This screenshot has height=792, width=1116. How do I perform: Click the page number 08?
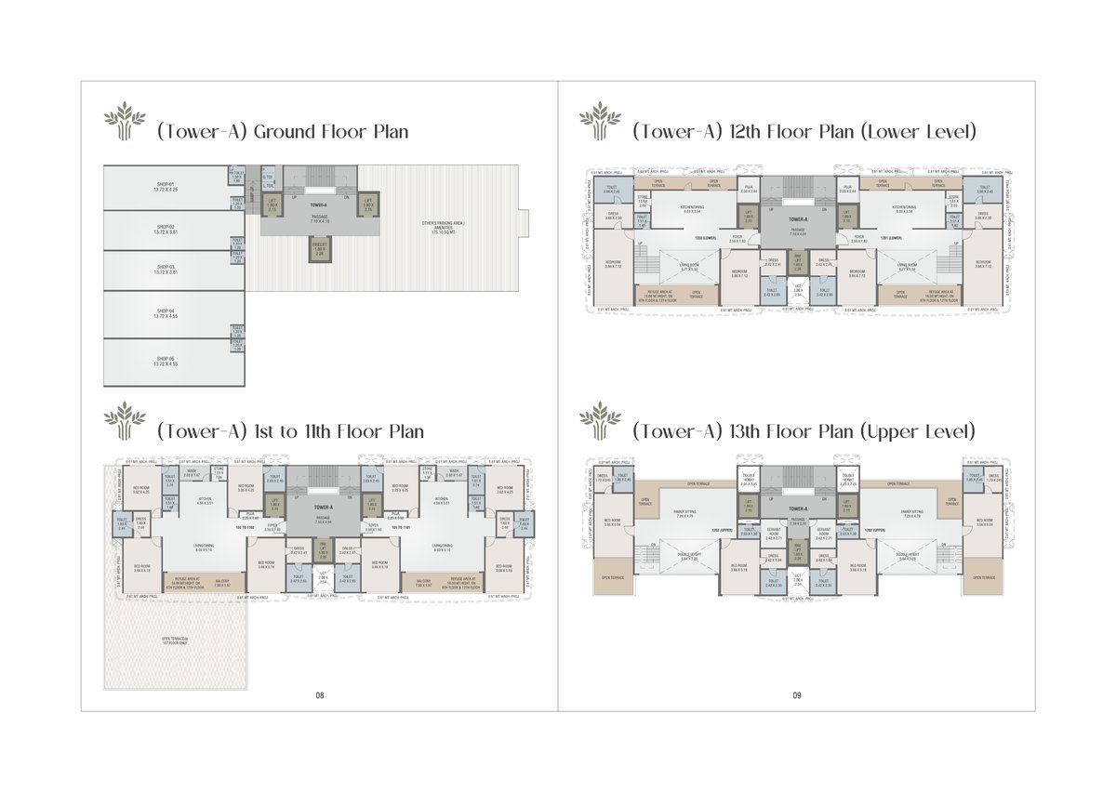319,695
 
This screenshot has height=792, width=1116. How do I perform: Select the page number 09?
797,695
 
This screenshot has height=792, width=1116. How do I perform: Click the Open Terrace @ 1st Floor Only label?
174,640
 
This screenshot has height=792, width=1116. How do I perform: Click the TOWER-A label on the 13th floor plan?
797,509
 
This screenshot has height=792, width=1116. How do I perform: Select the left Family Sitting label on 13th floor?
687,512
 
